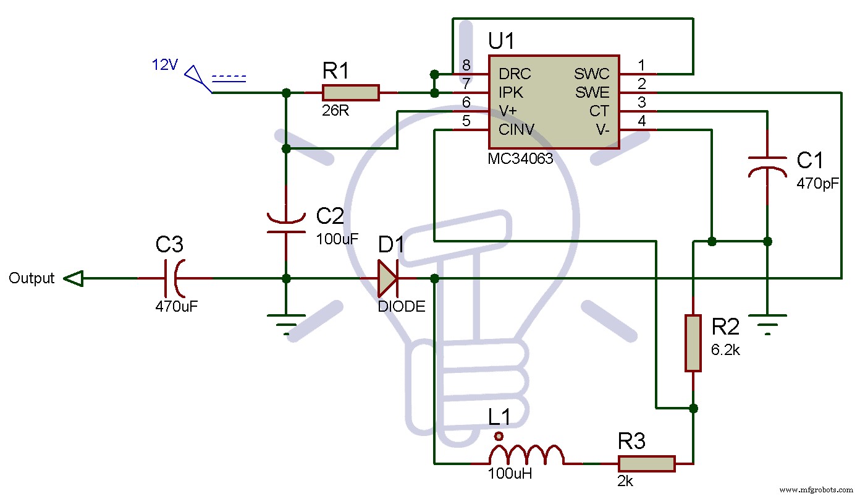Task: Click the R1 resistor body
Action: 350,93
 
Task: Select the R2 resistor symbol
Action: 693,343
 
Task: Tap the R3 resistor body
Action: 646,464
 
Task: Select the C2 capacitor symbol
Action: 286,223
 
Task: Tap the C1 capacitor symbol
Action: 767,167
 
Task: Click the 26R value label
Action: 335,111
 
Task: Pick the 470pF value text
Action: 817,184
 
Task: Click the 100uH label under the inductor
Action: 510,474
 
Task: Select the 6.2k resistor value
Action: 725,350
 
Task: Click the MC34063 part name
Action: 520,159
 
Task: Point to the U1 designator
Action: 501,41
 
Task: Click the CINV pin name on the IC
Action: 516,130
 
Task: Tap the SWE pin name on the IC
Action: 592,93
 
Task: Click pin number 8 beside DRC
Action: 466,65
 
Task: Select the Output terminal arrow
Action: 73,278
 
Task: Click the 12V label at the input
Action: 165,64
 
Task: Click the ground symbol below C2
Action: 286,325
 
